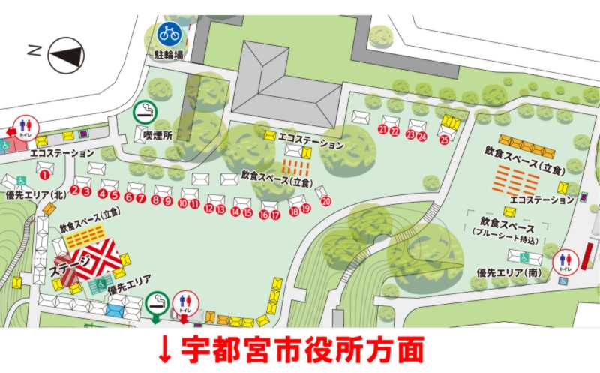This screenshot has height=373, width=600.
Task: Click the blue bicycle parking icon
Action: coord(168,33)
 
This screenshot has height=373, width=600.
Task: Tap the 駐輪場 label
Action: coord(169,55)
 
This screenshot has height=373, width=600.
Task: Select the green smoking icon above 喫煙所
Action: coord(145,113)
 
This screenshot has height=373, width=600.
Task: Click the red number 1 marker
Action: coord(44,175)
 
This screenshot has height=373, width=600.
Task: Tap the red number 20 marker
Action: coord(325,201)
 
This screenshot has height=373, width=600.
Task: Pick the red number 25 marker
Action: coord(445,139)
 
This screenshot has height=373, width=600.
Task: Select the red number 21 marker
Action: coord(382,130)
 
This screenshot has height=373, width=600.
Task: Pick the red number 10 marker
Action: coord(182,203)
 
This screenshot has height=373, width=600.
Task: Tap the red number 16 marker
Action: coord(264,215)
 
